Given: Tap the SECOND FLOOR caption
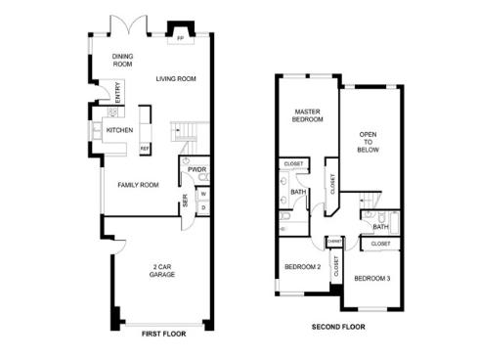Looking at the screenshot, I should (x=340, y=326).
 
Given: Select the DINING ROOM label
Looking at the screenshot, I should (x=123, y=61).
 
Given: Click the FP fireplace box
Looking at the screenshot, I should (x=181, y=38).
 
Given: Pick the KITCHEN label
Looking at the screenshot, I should (x=119, y=130).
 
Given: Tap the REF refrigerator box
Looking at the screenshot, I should (x=145, y=149).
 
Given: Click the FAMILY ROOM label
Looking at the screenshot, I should (x=138, y=184).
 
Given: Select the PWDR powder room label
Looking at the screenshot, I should (x=196, y=169).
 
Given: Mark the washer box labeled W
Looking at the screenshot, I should (x=203, y=193).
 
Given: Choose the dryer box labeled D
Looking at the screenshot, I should (x=203, y=206).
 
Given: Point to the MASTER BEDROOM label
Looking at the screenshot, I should (x=309, y=117).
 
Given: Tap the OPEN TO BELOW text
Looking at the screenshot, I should (x=369, y=143).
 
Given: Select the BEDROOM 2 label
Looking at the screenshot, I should (x=303, y=267).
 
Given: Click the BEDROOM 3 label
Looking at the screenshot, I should (x=372, y=278).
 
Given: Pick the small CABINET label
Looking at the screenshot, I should (x=334, y=240).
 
